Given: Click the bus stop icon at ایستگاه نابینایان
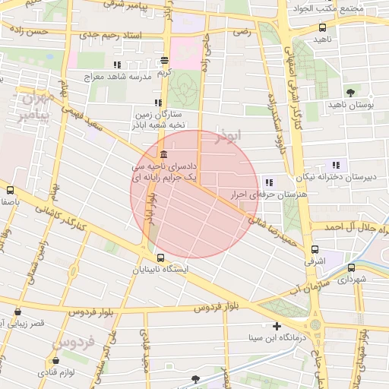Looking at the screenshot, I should pyautogui.click(x=160, y=258).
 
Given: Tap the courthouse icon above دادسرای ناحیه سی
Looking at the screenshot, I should pyautogui.click(x=165, y=155).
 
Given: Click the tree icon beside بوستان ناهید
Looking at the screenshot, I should pyautogui.click(x=349, y=93).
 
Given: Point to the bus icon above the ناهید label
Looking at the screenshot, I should pyautogui.click(x=322, y=27).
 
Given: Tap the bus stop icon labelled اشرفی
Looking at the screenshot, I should pyautogui.click(x=315, y=249).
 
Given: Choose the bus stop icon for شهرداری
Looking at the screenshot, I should pyautogui.click(x=351, y=268).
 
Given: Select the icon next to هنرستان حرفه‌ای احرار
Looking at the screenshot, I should pyautogui.click(x=269, y=182).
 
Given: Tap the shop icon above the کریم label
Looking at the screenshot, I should pyautogui.click(x=165, y=61).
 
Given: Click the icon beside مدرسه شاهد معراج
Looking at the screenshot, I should pyautogui.click(x=116, y=65).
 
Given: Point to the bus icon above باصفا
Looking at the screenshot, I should pyautogui.click(x=10, y=190).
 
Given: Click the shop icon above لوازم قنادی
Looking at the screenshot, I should pyautogui.click(x=56, y=360).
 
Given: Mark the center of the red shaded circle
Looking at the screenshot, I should pyautogui.click(x=195, y=194).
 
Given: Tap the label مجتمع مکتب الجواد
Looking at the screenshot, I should pyautogui.click(x=354, y=9).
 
